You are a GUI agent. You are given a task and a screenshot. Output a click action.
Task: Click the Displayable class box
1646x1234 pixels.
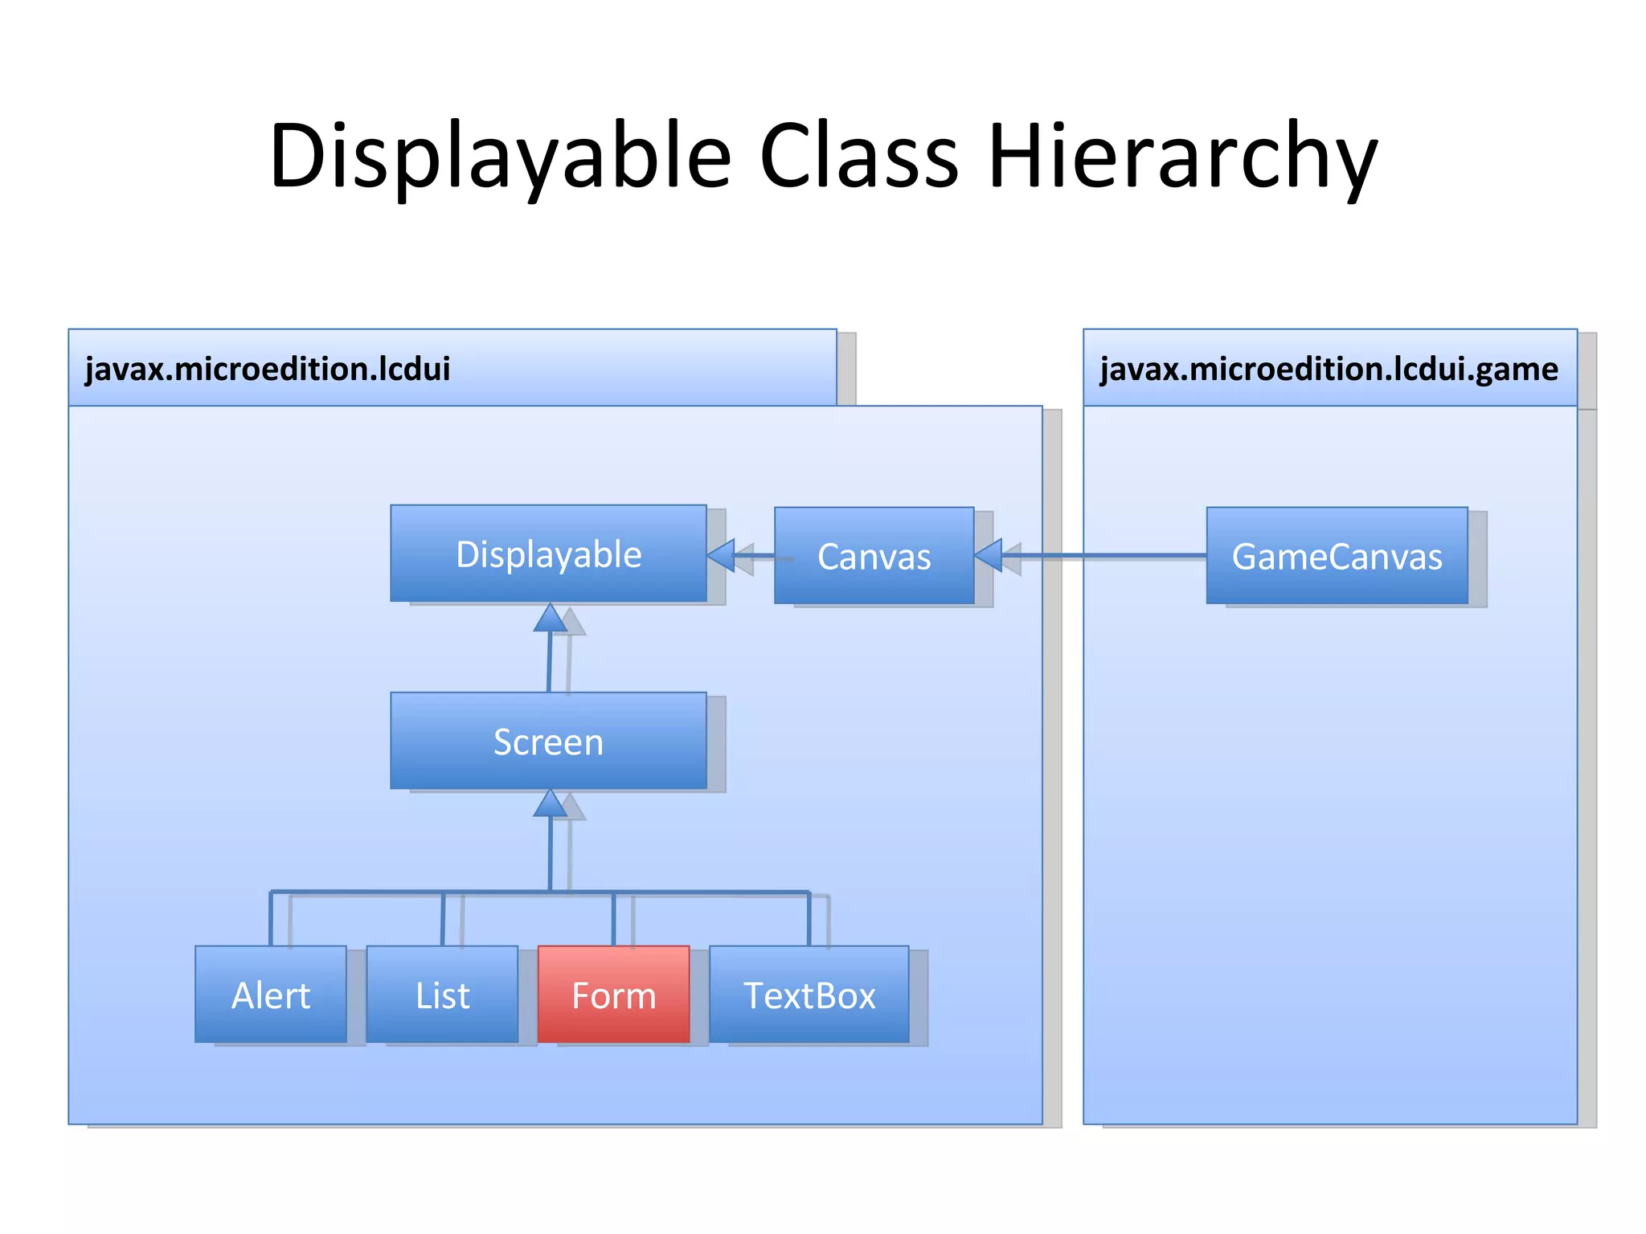[x=548, y=554]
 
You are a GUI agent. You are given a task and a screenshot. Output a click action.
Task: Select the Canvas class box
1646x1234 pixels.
[x=874, y=556]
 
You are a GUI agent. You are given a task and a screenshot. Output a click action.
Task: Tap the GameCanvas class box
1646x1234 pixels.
[x=1337, y=556]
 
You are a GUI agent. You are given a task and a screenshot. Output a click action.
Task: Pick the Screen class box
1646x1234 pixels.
[x=548, y=741]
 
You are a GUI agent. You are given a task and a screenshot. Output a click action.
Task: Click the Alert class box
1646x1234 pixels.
[x=271, y=995]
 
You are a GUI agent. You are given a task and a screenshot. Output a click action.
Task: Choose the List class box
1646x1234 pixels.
[x=442, y=995]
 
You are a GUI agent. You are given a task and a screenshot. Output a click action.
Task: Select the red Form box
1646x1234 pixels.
[x=613, y=995]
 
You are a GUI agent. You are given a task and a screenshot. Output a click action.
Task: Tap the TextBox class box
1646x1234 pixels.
[x=809, y=995]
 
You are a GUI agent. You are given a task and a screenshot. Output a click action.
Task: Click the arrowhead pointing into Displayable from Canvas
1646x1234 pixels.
[x=722, y=555]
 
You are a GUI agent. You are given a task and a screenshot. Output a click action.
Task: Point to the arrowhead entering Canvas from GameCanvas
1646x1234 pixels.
[x=989, y=555]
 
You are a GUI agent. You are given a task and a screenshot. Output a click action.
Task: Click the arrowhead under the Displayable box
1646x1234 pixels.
[x=551, y=619]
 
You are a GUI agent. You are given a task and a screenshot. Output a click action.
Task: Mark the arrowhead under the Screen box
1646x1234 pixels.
[x=551, y=804]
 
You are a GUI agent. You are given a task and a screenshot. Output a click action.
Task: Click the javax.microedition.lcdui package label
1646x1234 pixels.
[x=268, y=369]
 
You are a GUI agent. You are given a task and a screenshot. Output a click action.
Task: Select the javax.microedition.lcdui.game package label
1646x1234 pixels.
[x=1329, y=369]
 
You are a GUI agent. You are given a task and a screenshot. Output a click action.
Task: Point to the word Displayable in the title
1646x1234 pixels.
[x=500, y=157]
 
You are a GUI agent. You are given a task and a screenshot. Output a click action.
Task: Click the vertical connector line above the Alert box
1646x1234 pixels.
[x=271, y=919]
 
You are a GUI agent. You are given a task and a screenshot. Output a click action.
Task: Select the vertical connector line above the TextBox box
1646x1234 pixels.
[x=809, y=919]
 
